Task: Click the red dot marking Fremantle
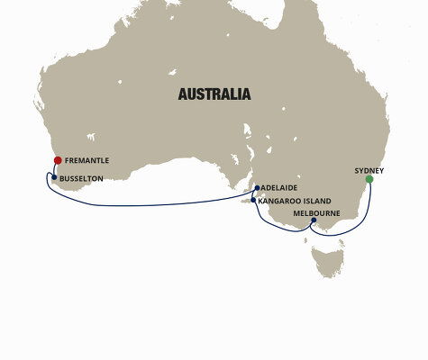coord(58,160)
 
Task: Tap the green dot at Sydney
coord(369,179)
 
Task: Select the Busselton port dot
coord(54,177)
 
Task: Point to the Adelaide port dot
coord(257,188)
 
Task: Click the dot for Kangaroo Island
coord(253,200)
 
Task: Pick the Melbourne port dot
coord(314,220)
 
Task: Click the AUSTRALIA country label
coord(214,94)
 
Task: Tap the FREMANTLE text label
coord(87,160)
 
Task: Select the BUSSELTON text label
coord(81,178)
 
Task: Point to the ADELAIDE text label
coord(279,188)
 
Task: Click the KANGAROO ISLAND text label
coord(295,201)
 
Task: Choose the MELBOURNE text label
coord(317,212)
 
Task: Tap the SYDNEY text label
coord(369,169)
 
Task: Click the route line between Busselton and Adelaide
coord(153,205)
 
